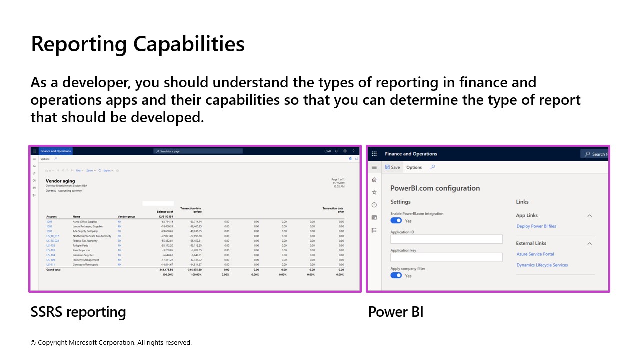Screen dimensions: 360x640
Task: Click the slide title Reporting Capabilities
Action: click(x=138, y=44)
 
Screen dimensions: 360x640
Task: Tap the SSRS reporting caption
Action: click(x=78, y=312)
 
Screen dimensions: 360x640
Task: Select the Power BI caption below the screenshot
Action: click(x=396, y=312)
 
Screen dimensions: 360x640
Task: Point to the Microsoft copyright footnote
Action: click(x=111, y=343)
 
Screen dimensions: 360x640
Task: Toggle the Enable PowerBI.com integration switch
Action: click(x=396, y=221)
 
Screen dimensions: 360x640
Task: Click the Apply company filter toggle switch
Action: click(x=396, y=275)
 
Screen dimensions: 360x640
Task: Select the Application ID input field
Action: click(x=446, y=239)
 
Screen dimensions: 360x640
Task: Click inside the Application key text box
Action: click(x=446, y=257)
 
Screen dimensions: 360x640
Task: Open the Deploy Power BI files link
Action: click(x=536, y=226)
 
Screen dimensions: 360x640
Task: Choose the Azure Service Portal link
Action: click(x=535, y=254)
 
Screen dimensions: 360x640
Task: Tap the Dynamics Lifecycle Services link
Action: click(x=542, y=265)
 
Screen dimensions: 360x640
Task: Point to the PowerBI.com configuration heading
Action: click(x=435, y=188)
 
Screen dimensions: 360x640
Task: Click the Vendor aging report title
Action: click(x=60, y=181)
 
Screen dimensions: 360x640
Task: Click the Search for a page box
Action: click(x=198, y=151)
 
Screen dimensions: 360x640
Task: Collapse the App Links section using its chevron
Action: click(x=589, y=216)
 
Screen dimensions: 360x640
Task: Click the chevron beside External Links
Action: click(x=589, y=244)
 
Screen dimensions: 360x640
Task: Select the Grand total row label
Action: click(x=53, y=269)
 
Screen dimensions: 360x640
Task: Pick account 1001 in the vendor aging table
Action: click(x=49, y=221)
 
